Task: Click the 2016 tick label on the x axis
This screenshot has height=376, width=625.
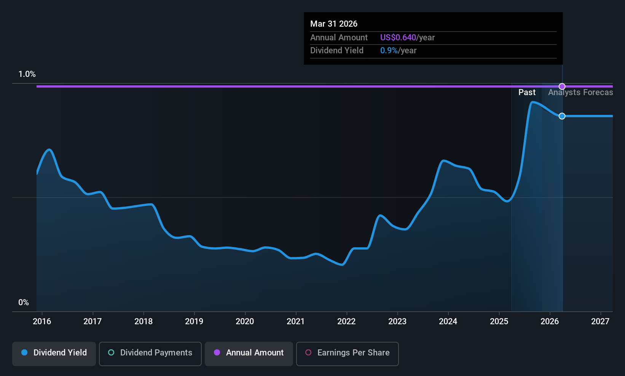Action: pos(42,321)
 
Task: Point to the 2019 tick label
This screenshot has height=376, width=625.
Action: pos(194,321)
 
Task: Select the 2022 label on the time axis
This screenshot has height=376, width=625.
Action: pos(346,321)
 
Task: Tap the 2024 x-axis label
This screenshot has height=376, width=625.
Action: pos(448,321)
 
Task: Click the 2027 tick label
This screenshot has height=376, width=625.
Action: pos(600,321)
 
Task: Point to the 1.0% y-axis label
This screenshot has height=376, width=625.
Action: pos(27,74)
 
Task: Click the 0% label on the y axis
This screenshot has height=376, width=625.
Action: pos(24,302)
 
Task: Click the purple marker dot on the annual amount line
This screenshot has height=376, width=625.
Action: pos(562,86)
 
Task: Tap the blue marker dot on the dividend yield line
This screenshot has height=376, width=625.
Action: pos(562,116)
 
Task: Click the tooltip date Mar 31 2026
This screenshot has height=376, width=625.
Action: pos(334,24)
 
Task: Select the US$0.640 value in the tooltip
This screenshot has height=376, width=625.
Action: pos(398,37)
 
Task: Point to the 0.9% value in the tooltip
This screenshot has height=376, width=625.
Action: pos(389,50)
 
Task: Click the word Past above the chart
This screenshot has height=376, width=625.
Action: pos(527,92)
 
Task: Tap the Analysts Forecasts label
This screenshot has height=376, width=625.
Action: pos(580,92)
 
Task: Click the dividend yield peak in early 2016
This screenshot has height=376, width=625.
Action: pos(49,150)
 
